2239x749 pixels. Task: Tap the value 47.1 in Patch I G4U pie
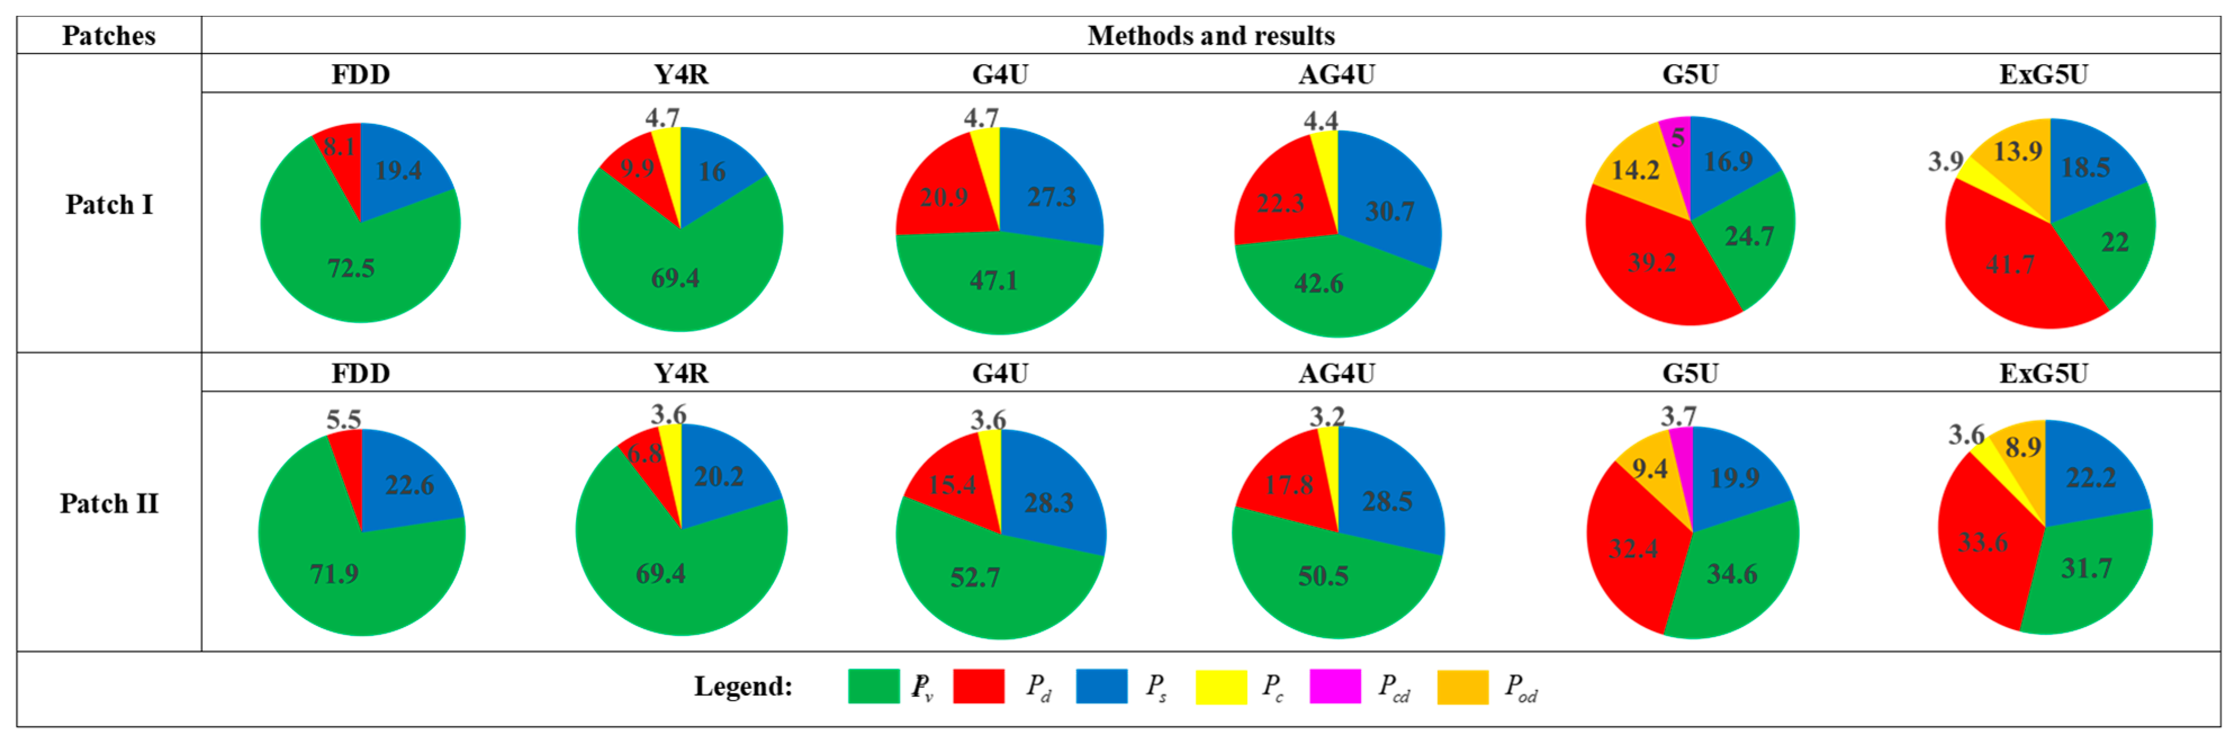994,280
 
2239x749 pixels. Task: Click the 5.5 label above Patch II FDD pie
344,419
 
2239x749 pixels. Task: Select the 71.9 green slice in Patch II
335,574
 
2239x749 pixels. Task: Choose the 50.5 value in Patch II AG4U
1323,575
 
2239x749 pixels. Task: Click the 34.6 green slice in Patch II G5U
1731,574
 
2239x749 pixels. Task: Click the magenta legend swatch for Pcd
1334,687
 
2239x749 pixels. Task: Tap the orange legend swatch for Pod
1463,687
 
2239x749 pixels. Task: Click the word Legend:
743,687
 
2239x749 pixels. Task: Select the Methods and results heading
1211,35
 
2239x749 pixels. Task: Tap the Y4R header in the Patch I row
680,75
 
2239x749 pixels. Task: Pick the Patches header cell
109,35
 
